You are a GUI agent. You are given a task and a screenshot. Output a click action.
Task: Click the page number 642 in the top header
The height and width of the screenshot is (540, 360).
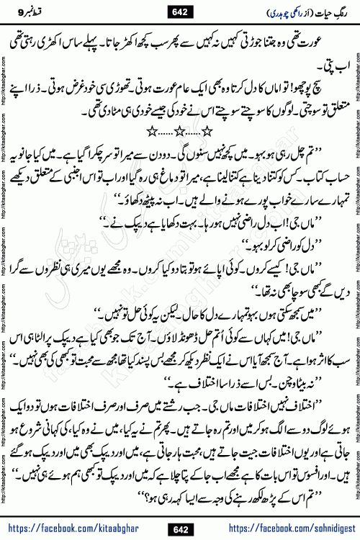click(x=179, y=10)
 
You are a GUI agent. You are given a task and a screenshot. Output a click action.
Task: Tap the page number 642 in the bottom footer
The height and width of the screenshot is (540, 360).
click(x=179, y=511)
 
